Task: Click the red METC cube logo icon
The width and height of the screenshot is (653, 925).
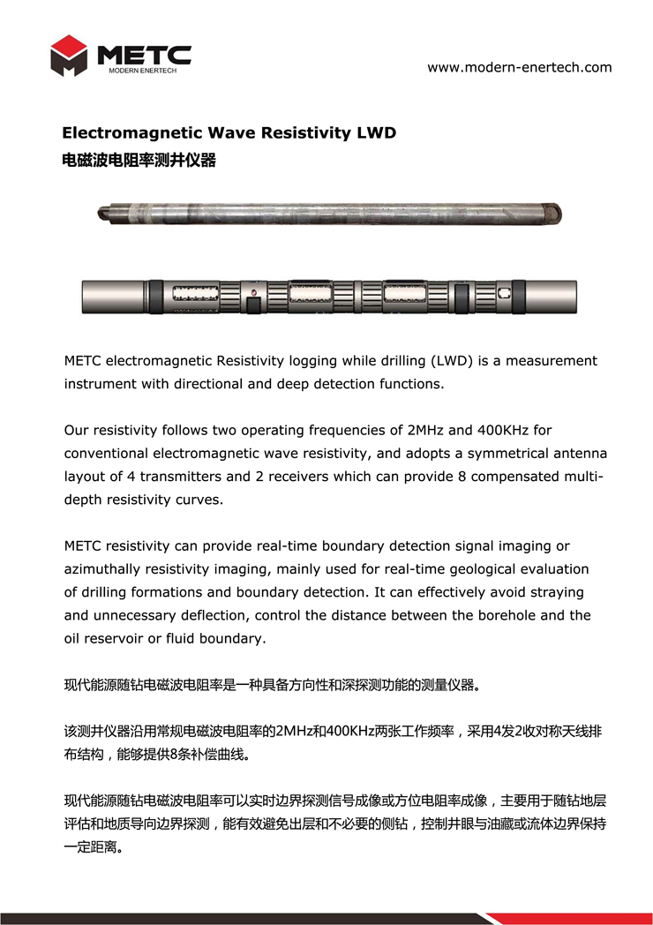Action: point(69,56)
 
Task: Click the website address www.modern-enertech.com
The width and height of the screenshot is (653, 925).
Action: point(519,67)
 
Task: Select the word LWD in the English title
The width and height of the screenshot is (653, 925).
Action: point(376,133)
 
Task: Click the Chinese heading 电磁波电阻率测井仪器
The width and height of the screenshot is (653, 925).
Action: point(139,161)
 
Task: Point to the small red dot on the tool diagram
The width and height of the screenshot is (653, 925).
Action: point(254,292)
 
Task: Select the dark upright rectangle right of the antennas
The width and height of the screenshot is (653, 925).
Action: point(461,295)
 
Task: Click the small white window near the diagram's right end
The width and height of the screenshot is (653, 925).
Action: point(506,292)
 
